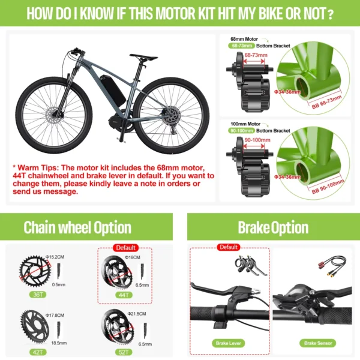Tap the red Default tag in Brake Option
229,247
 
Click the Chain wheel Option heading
77,227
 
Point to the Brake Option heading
273,227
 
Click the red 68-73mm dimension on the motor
256,55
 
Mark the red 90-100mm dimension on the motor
256,140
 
